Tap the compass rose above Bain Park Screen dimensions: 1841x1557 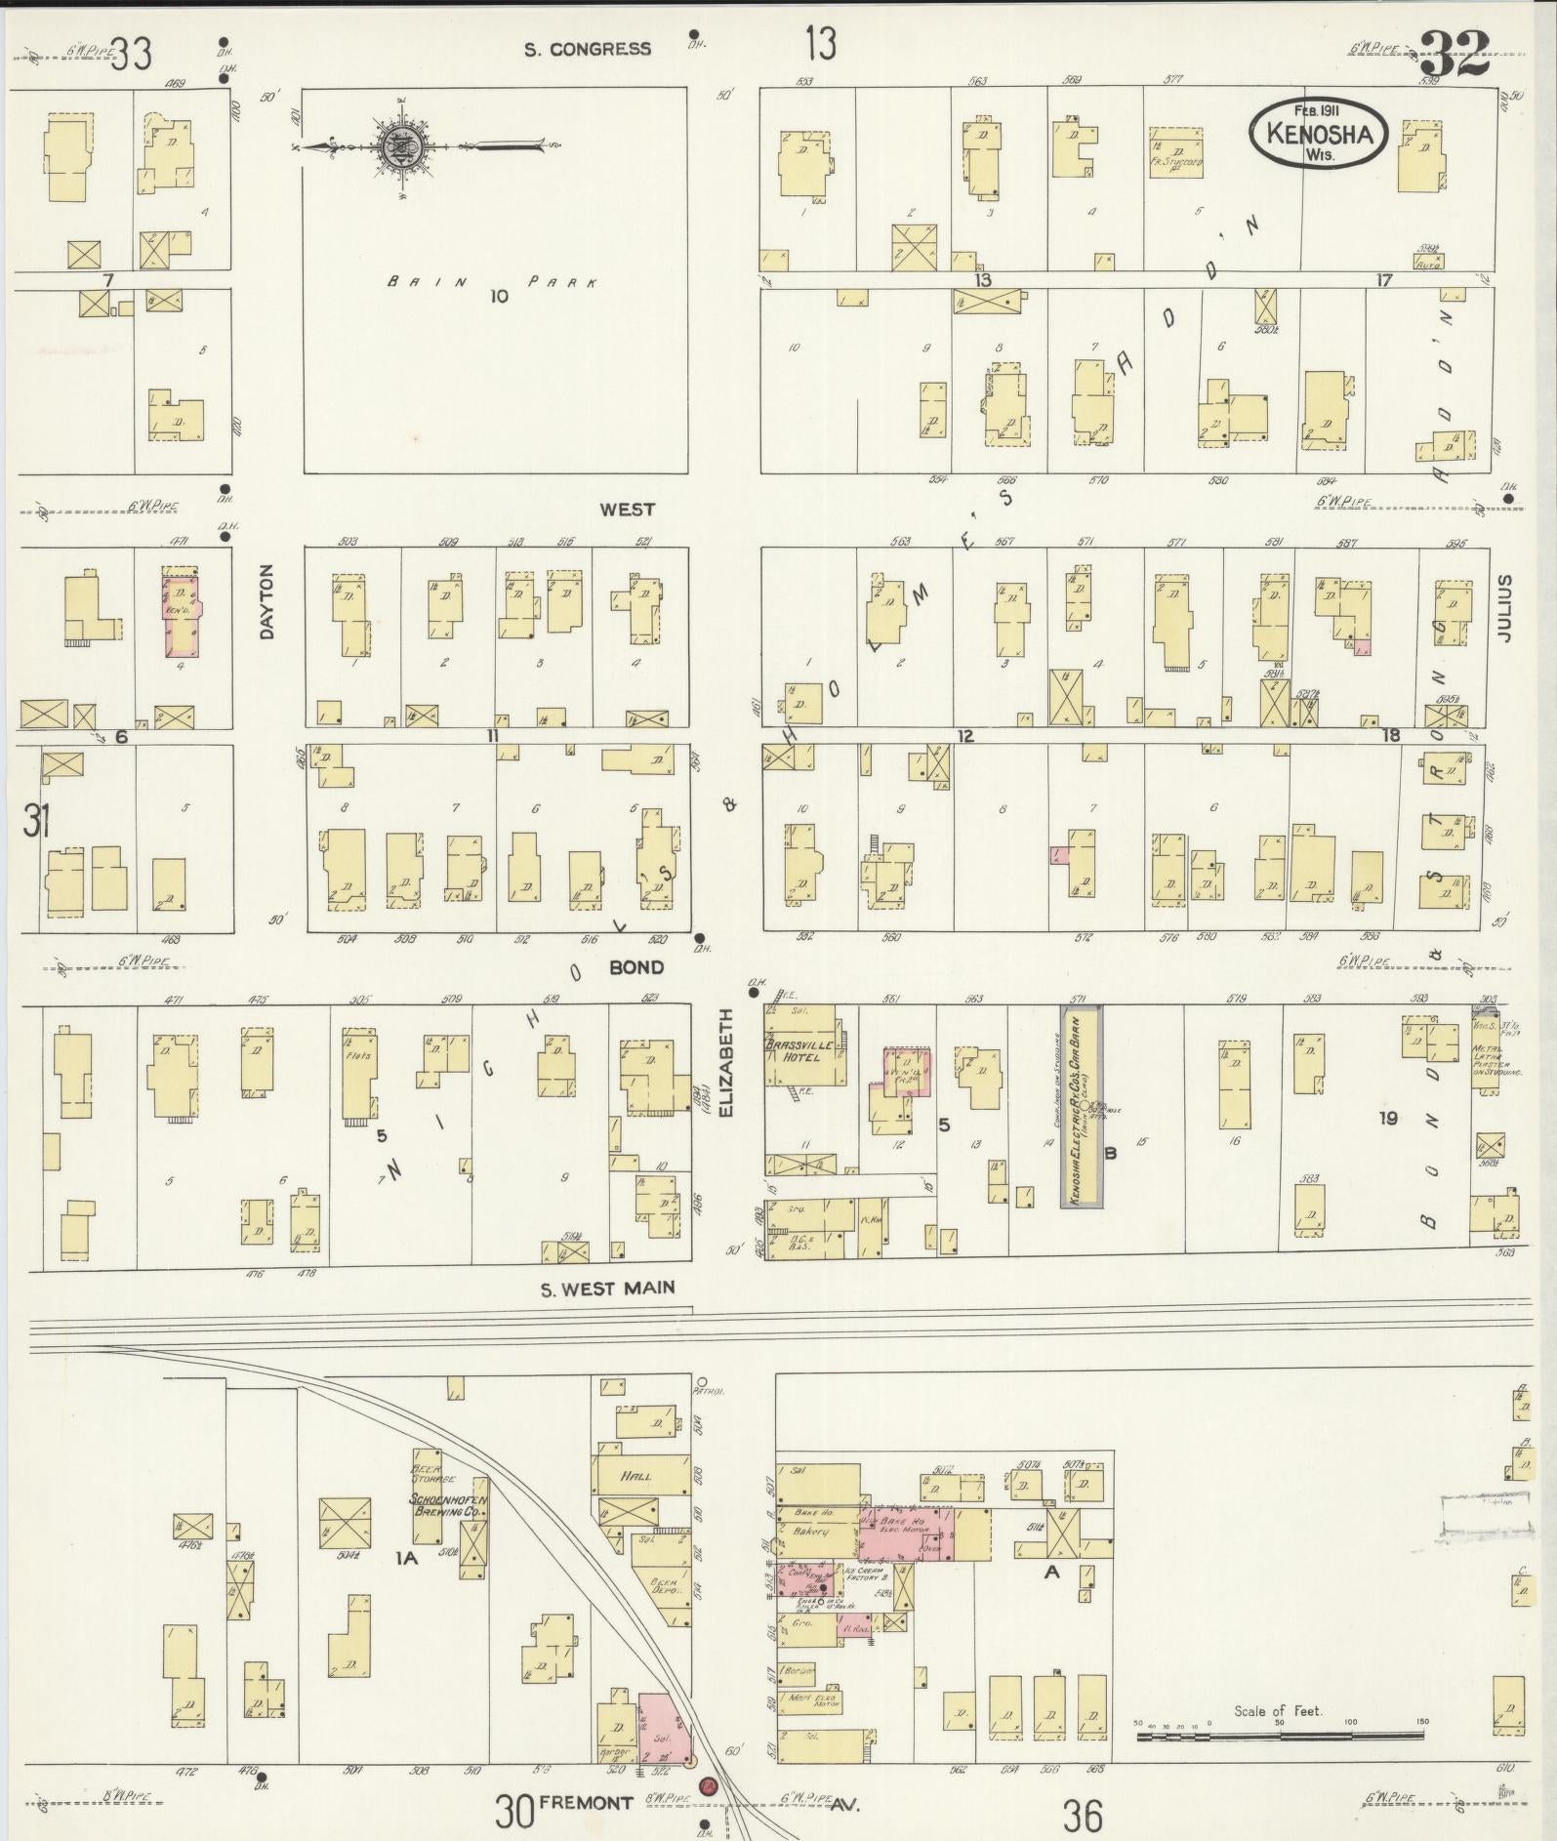(400, 146)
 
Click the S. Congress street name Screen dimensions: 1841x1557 (587, 49)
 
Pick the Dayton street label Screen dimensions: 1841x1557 (267, 602)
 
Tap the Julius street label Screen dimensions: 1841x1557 (1504, 607)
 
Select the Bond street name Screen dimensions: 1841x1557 (635, 967)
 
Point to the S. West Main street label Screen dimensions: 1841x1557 (607, 1288)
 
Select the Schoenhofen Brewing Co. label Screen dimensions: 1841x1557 (448, 1504)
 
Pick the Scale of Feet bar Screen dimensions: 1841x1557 (1279, 1736)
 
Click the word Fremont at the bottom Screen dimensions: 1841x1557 (592, 1803)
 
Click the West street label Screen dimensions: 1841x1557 (627, 510)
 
